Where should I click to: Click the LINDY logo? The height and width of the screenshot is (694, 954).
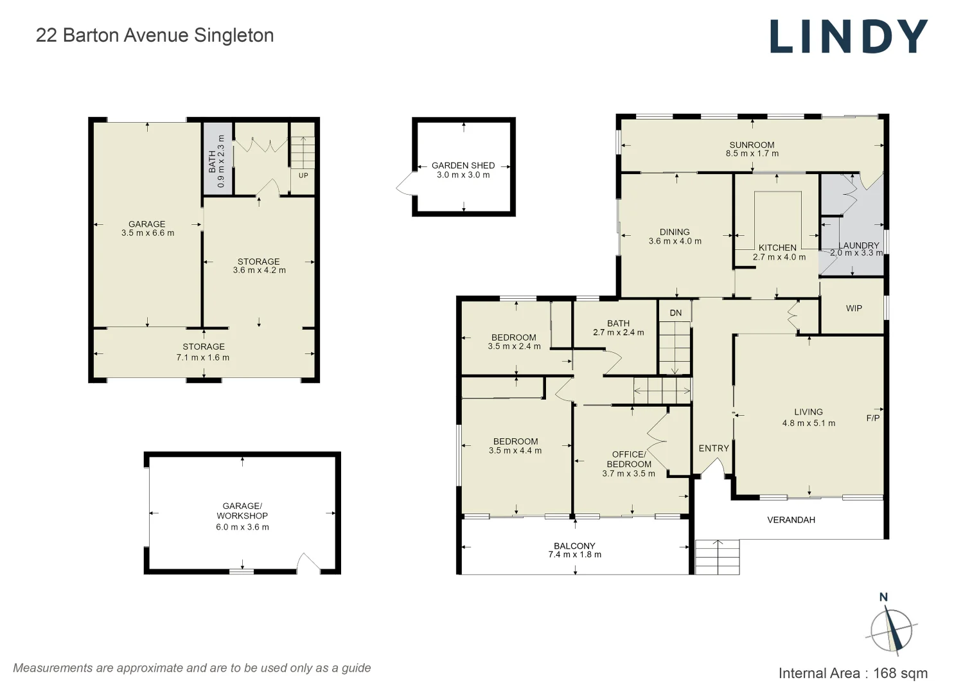[x=849, y=36]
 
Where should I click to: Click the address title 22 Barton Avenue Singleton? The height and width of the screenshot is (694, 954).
[x=155, y=35]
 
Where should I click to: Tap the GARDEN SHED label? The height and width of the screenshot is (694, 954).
[x=463, y=165]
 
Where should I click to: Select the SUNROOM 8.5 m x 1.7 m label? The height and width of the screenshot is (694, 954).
[x=752, y=149]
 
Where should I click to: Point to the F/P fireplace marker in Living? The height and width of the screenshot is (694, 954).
[x=872, y=418]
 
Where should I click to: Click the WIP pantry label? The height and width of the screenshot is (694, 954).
[x=854, y=308]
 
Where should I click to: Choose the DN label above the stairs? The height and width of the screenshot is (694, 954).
[x=675, y=313]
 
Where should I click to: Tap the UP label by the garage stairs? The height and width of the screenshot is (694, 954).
[x=303, y=175]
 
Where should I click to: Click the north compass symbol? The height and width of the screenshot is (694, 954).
[x=891, y=628]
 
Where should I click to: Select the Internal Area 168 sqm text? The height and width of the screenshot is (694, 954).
[x=852, y=673]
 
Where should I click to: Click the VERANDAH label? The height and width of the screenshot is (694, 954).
[x=791, y=520]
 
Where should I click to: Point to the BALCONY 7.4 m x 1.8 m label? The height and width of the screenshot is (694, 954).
[x=574, y=550]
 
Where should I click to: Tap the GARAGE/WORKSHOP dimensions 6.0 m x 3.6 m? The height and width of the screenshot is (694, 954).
[x=242, y=527]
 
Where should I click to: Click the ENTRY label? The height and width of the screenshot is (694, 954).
[x=714, y=449]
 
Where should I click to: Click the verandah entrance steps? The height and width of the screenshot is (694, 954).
[x=717, y=557]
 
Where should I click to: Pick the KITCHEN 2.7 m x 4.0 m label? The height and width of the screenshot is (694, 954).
[x=778, y=252]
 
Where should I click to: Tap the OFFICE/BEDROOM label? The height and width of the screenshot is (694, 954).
[x=628, y=459]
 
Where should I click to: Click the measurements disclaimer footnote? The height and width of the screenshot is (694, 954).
[x=192, y=668]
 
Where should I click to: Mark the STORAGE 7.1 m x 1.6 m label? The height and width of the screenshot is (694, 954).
[x=203, y=352]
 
